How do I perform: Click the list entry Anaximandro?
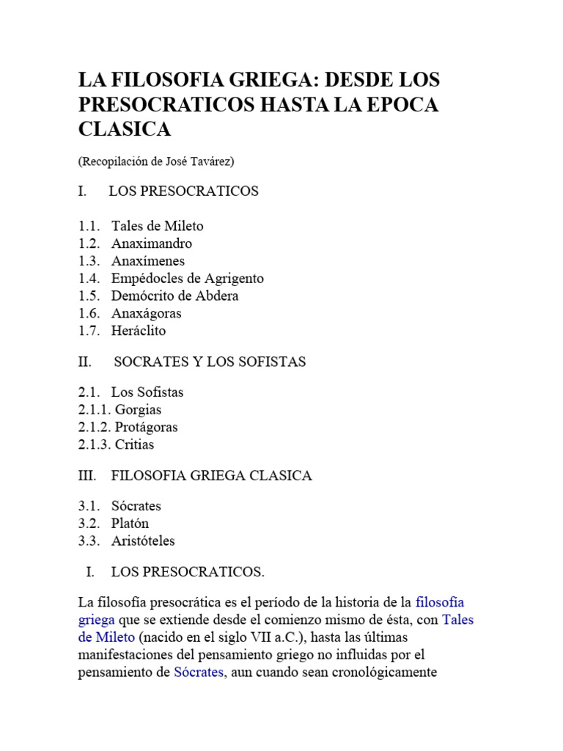152,243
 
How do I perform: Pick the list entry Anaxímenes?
148,261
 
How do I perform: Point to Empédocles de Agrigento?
187,279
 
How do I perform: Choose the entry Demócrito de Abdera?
175,296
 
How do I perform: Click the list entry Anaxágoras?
147,313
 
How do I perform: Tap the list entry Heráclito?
139,331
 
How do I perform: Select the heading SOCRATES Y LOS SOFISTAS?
210,362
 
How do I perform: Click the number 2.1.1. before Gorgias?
94,410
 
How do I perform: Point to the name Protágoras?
146,427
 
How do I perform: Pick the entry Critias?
134,444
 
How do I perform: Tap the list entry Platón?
130,524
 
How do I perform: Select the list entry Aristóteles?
143,541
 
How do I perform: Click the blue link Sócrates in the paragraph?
199,673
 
